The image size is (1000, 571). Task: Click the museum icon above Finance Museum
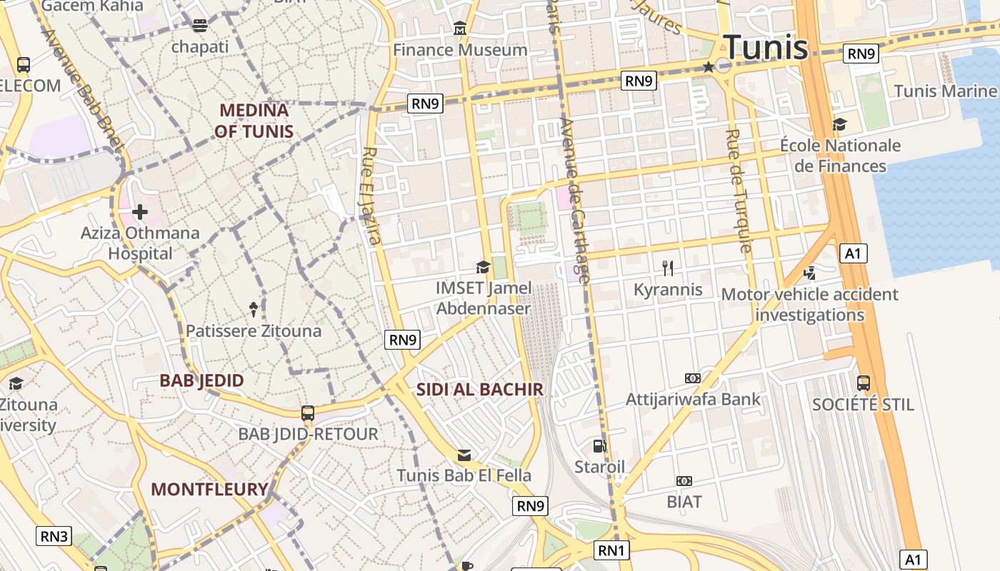[460, 30]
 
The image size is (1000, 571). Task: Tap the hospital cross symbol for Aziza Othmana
[140, 212]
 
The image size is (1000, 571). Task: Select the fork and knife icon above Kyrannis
[668, 268]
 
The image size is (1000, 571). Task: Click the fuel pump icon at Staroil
[599, 446]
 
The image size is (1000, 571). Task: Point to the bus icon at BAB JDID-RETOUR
[308, 413]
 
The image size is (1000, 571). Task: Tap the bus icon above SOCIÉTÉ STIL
[864, 383]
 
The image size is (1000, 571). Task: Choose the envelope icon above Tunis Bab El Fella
[464, 455]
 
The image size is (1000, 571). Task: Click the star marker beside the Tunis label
[708, 67]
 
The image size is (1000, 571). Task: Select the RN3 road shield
[54, 535]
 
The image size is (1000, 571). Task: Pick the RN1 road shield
[612, 550]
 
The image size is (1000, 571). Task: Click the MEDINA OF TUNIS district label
[254, 121]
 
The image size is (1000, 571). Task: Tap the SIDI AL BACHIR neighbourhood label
[480, 390]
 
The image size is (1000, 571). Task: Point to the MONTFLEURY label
[209, 490]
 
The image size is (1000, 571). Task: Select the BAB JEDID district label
[201, 380]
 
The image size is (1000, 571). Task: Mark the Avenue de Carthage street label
[576, 200]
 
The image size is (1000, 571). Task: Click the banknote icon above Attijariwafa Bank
[692, 378]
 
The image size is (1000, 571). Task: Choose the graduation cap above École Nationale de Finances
[839, 125]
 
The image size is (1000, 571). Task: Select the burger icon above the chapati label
[200, 26]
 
